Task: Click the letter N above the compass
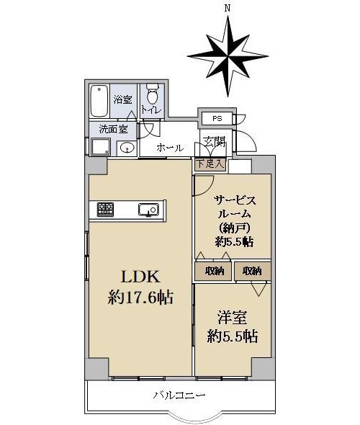click(228, 9)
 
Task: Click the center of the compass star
click(228, 56)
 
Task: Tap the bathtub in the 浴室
click(99, 101)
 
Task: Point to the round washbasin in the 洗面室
click(127, 148)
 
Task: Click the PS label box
click(217, 118)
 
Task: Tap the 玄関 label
click(215, 141)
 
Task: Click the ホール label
click(170, 148)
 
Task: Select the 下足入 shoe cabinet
click(210, 164)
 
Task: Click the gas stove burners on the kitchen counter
click(105, 209)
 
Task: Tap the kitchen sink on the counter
click(148, 210)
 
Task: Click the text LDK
click(140, 277)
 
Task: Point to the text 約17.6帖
click(140, 297)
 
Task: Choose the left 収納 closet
click(213, 271)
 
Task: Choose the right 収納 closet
click(253, 271)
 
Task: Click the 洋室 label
click(233, 318)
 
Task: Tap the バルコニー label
click(179, 395)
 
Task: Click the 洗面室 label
click(113, 129)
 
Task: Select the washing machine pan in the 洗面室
click(101, 147)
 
